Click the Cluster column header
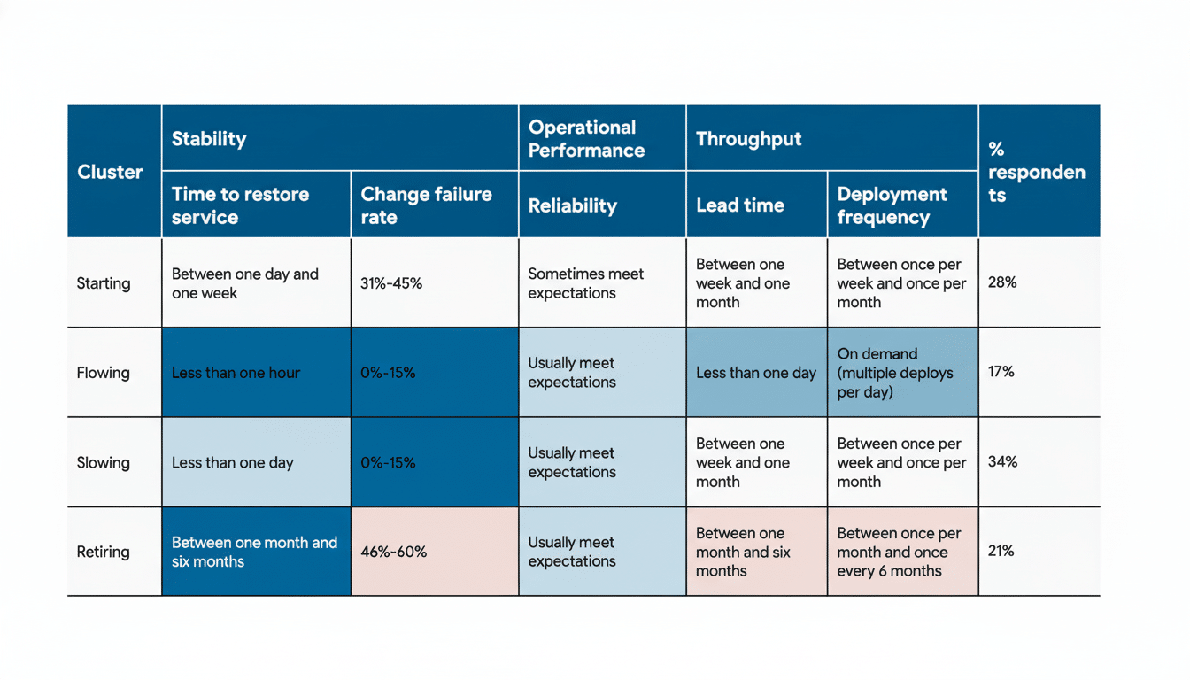[110, 172]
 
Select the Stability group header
[209, 139]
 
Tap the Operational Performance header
[586, 139]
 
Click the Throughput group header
[748, 139]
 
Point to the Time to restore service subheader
[240, 205]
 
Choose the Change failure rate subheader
[426, 205]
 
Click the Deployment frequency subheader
[892, 205]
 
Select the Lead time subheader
[740, 205]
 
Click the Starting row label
[104, 283]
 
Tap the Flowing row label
[103, 373]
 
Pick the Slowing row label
[103, 462]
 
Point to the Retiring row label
[103, 552]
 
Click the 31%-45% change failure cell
[391, 283]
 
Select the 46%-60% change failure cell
[393, 552]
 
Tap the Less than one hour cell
[236, 373]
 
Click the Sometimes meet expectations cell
[585, 283]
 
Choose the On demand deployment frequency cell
[895, 373]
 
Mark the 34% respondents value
[1002, 461]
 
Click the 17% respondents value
[1001, 372]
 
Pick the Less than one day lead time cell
[755, 373]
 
